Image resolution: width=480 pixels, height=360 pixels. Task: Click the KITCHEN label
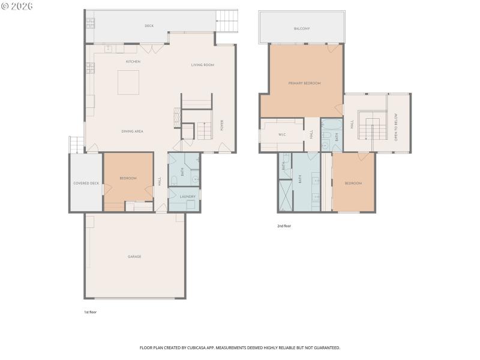pyautogui.click(x=133, y=62)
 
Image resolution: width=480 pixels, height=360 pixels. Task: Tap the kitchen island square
pyautogui.click(x=129, y=82)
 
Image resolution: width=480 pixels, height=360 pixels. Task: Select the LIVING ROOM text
pyautogui.click(x=203, y=65)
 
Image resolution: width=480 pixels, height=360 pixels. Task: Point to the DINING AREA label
pyautogui.click(x=132, y=131)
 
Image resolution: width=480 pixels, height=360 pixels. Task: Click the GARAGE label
pyautogui.click(x=134, y=257)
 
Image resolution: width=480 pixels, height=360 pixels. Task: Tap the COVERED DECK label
pyautogui.click(x=86, y=183)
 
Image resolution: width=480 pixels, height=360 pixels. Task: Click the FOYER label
pyautogui.click(x=222, y=125)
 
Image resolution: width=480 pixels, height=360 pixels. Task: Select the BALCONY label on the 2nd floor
pyautogui.click(x=302, y=28)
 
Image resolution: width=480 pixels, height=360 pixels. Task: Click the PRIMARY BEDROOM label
pyautogui.click(x=304, y=83)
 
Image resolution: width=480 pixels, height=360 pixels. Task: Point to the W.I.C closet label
pyautogui.click(x=281, y=134)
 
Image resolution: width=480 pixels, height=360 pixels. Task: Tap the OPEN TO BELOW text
pyautogui.click(x=396, y=127)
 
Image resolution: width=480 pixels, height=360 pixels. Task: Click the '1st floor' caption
pyautogui.click(x=89, y=313)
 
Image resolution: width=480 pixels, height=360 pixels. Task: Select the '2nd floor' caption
pyautogui.click(x=284, y=226)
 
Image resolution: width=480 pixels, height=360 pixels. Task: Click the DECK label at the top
pyautogui.click(x=149, y=26)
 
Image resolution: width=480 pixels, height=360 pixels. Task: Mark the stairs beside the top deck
pyautogui.click(x=227, y=22)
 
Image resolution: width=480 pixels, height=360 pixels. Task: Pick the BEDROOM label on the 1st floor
pyautogui.click(x=128, y=178)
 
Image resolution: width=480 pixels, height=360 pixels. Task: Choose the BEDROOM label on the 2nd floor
pyautogui.click(x=353, y=183)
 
